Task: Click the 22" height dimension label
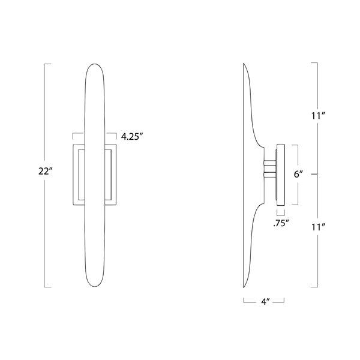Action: (x=46, y=171)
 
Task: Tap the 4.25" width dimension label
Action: (x=132, y=137)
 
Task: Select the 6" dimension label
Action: (x=298, y=174)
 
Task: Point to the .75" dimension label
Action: (x=281, y=223)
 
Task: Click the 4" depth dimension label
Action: (x=265, y=301)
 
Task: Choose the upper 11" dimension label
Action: (x=319, y=116)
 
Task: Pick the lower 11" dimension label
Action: (x=319, y=227)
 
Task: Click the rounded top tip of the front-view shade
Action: (x=95, y=64)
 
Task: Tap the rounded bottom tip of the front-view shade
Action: (x=95, y=287)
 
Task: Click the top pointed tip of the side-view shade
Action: (x=244, y=64)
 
